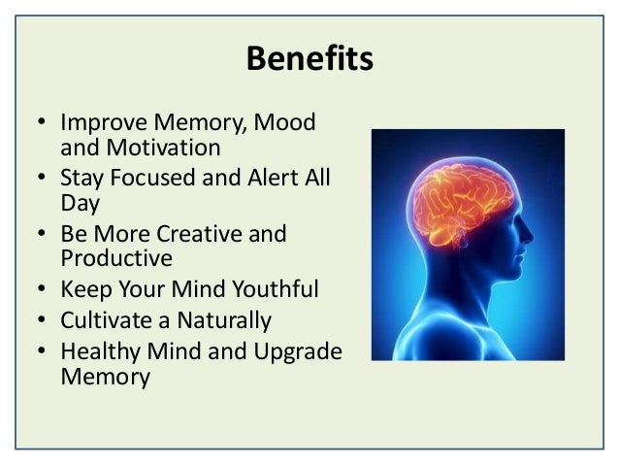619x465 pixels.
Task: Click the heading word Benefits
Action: (309, 58)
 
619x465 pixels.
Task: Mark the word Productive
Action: (116, 258)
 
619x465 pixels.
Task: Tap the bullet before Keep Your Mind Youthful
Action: (43, 290)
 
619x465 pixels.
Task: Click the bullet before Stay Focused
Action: (43, 180)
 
